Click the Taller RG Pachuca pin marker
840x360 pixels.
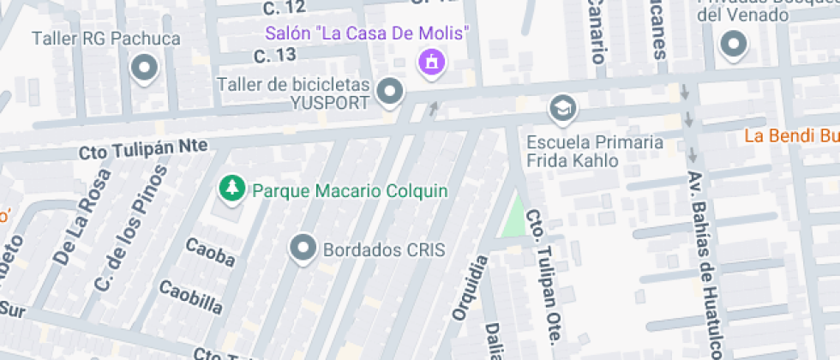pos(144,68)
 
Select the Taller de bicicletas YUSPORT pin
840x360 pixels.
pos(391,90)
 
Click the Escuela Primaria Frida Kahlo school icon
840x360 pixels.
pos(563,108)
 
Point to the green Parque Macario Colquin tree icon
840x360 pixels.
pos(230,189)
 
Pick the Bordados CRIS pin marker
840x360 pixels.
pos(303,249)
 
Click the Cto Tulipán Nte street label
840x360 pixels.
pos(143,151)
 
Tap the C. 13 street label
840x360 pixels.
pos(275,56)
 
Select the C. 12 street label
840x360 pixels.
pos(284,8)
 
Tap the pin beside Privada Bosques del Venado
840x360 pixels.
pos(733,45)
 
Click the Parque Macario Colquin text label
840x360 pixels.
pos(350,189)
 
